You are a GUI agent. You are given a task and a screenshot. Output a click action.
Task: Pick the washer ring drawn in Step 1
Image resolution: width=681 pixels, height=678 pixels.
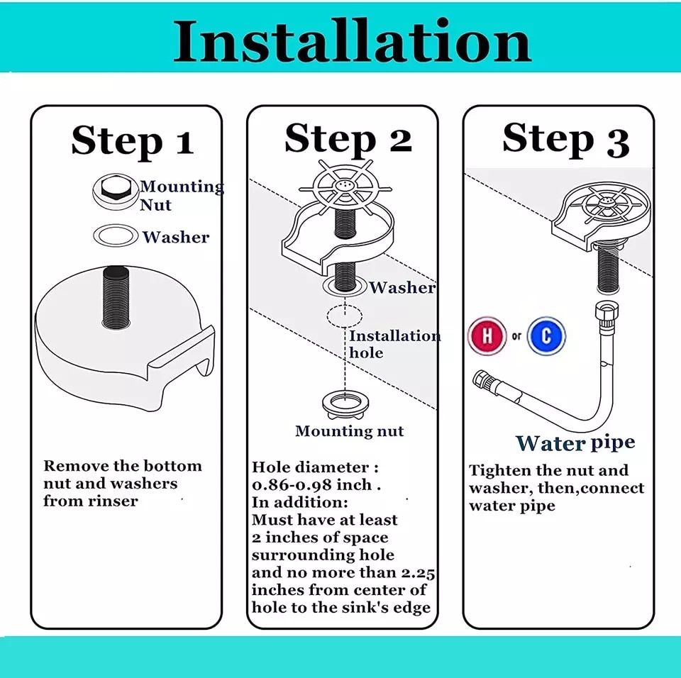coord(115,235)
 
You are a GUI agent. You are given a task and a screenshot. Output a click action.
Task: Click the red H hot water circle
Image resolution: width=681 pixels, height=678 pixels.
coord(487,335)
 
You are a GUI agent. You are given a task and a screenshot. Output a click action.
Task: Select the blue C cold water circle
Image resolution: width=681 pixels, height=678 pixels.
coord(546,335)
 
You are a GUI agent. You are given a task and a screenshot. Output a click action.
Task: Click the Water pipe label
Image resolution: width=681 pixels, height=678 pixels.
coord(575,443)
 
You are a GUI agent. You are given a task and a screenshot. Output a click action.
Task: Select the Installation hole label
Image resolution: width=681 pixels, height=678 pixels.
coord(394,344)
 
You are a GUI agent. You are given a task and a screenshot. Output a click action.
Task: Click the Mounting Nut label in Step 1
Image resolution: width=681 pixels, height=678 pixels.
coord(181,196)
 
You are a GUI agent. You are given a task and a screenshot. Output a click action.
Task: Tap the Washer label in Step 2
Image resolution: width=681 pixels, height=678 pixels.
coord(402,287)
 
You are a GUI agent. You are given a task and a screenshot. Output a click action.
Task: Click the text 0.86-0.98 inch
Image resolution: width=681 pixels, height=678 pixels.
coord(312,485)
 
